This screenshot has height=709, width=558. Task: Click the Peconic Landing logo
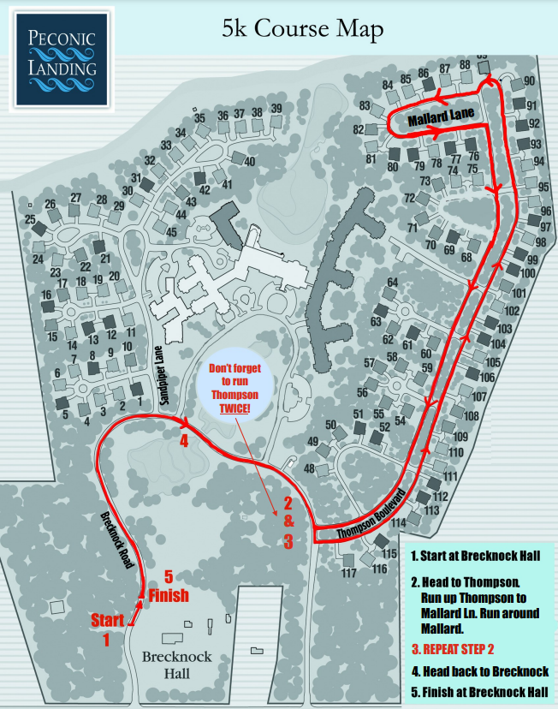pyautogui.click(x=61, y=57)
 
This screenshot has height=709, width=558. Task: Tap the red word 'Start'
pyautogui.click(x=107, y=619)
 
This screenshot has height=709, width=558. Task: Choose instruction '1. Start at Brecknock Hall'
pyautogui.click(x=475, y=557)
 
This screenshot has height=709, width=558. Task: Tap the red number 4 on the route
pyautogui.click(x=183, y=442)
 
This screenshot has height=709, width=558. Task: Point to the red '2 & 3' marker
pyautogui.click(x=288, y=521)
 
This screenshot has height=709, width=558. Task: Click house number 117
pyautogui.click(x=348, y=573)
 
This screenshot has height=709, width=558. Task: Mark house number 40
pyautogui.click(x=250, y=161)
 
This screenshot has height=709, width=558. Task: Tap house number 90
pyautogui.click(x=529, y=81)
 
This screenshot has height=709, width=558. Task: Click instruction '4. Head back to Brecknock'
pyautogui.click(x=479, y=671)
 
